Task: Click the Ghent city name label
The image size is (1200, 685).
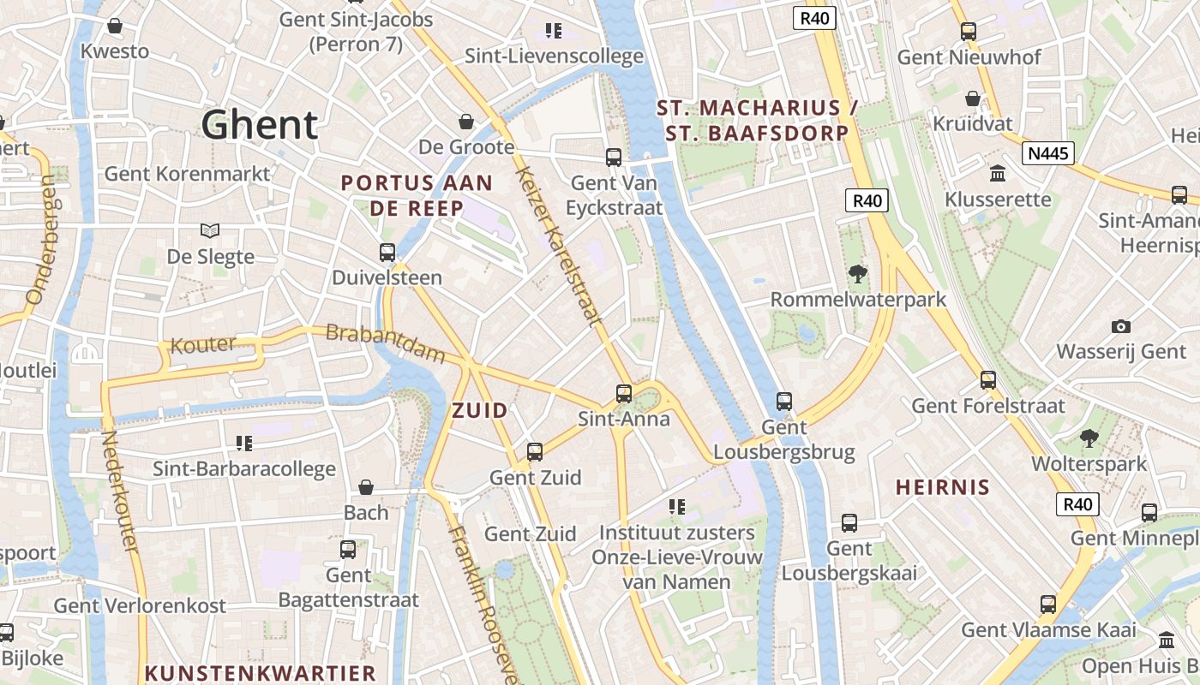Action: [x=260, y=125]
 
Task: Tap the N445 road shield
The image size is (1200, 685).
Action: [x=1047, y=153]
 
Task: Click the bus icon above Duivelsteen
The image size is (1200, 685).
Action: [x=387, y=253]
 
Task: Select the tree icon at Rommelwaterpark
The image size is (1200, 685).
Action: [x=857, y=274]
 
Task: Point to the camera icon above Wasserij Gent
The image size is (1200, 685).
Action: [x=1120, y=326]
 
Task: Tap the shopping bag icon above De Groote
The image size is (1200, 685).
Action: [x=466, y=122]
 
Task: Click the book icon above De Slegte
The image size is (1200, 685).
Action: [x=210, y=230]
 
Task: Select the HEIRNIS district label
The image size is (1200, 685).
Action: [x=943, y=487]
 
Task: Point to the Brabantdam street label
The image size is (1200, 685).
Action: [x=386, y=342]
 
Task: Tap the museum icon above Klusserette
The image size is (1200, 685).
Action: [x=998, y=174]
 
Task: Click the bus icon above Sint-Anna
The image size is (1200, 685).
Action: [x=624, y=394]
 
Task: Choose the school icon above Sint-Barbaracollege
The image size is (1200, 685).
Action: [x=244, y=443]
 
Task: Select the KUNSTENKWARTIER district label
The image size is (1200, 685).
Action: [x=261, y=673]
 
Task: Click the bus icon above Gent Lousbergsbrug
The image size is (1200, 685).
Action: [x=783, y=401]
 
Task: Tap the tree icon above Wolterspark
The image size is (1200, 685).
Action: [x=1089, y=438]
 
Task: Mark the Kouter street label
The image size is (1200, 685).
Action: [x=203, y=345]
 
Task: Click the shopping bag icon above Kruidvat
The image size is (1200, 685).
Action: [x=973, y=98]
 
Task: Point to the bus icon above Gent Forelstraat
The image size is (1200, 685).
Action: [x=988, y=379]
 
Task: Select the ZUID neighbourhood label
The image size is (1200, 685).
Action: [x=480, y=410]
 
